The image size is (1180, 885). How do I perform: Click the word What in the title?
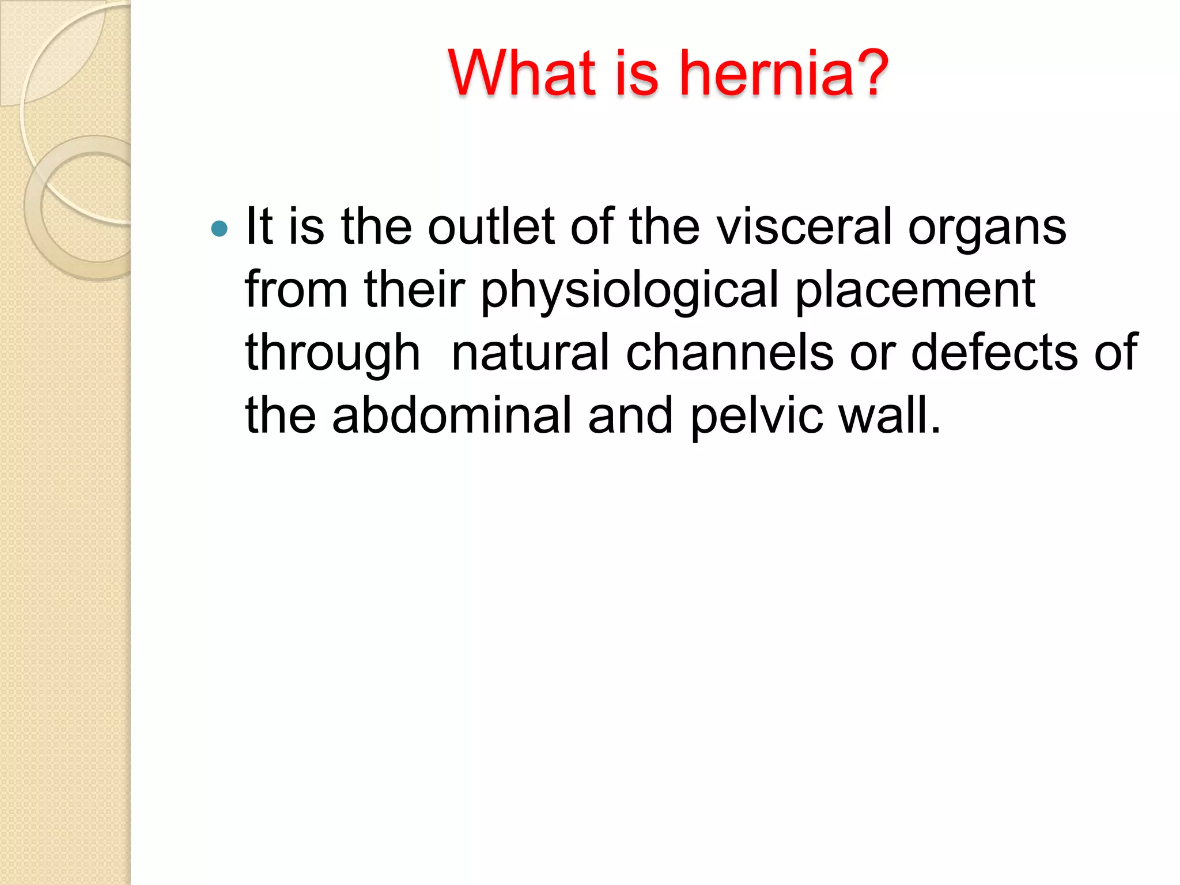[x=521, y=73]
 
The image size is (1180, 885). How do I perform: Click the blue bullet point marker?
[x=220, y=229]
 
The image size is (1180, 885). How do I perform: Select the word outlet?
[x=491, y=226]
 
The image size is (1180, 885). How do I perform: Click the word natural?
[x=530, y=352]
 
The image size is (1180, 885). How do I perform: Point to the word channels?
[x=729, y=352]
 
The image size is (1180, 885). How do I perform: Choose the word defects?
[x=994, y=352]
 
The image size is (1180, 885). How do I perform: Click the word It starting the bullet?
[x=259, y=226]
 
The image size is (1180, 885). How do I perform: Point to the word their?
[x=414, y=289]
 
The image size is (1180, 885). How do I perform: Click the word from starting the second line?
[x=296, y=289]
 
